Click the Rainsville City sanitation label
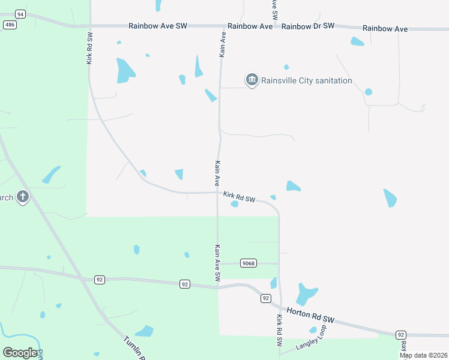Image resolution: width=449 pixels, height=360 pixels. click(x=306, y=80)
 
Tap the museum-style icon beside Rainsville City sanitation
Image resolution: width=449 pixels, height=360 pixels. click(x=252, y=80)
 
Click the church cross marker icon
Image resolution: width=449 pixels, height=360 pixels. click(x=23, y=197)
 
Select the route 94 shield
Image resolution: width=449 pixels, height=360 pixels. click(x=21, y=13)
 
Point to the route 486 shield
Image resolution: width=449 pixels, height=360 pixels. click(x=10, y=24)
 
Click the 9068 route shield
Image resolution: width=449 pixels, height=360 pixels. click(x=248, y=263)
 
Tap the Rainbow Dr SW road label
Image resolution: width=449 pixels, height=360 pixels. click(x=307, y=26)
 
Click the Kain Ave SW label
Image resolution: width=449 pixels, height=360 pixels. click(x=218, y=262)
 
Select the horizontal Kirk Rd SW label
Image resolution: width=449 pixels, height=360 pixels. click(x=240, y=196)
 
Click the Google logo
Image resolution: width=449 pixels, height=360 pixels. click(x=20, y=353)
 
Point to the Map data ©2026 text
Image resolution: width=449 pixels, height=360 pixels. click(x=423, y=355)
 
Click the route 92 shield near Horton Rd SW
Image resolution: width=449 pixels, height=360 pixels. click(x=265, y=298)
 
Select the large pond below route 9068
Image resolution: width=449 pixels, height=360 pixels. click(x=306, y=294)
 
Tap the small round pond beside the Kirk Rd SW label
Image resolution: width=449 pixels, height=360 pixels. click(x=235, y=205)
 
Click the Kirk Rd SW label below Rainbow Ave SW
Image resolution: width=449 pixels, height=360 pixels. click(x=89, y=49)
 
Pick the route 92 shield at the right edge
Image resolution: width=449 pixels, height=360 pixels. click(x=400, y=334)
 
